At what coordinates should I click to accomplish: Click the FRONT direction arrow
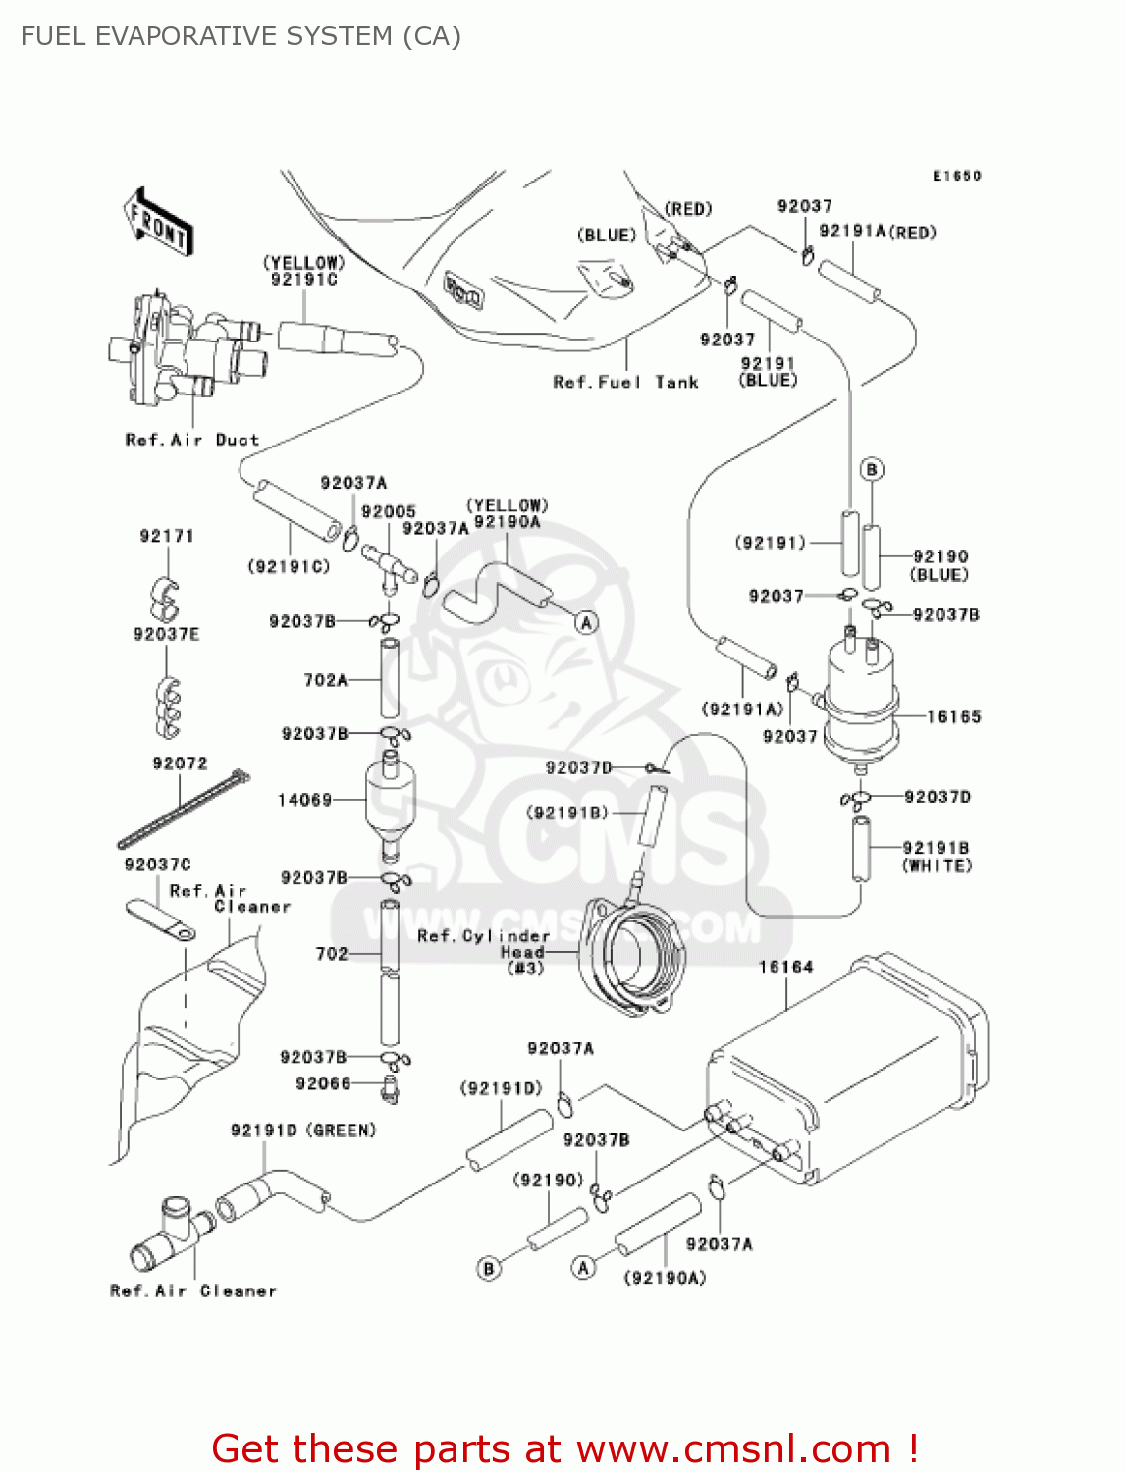click(x=158, y=223)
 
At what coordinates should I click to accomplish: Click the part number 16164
click(x=785, y=968)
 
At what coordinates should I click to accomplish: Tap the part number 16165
click(x=953, y=717)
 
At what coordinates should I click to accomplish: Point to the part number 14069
click(x=304, y=800)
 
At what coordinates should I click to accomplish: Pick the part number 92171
click(x=167, y=536)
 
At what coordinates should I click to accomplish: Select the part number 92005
click(x=389, y=512)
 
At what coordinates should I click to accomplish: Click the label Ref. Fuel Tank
click(x=625, y=383)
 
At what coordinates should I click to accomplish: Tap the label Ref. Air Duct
click(x=192, y=440)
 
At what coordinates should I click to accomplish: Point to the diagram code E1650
click(x=956, y=176)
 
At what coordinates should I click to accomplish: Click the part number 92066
click(x=323, y=1083)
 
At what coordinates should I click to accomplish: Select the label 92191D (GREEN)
click(x=303, y=1130)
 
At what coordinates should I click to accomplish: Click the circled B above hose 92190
click(x=872, y=469)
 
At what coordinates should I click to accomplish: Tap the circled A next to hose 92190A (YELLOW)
click(x=586, y=623)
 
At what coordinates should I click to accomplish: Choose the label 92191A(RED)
click(x=878, y=233)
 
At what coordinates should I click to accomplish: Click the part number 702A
click(x=326, y=679)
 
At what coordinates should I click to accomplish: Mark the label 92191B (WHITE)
click(x=937, y=857)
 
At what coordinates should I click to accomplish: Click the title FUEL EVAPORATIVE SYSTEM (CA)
click(x=241, y=36)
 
